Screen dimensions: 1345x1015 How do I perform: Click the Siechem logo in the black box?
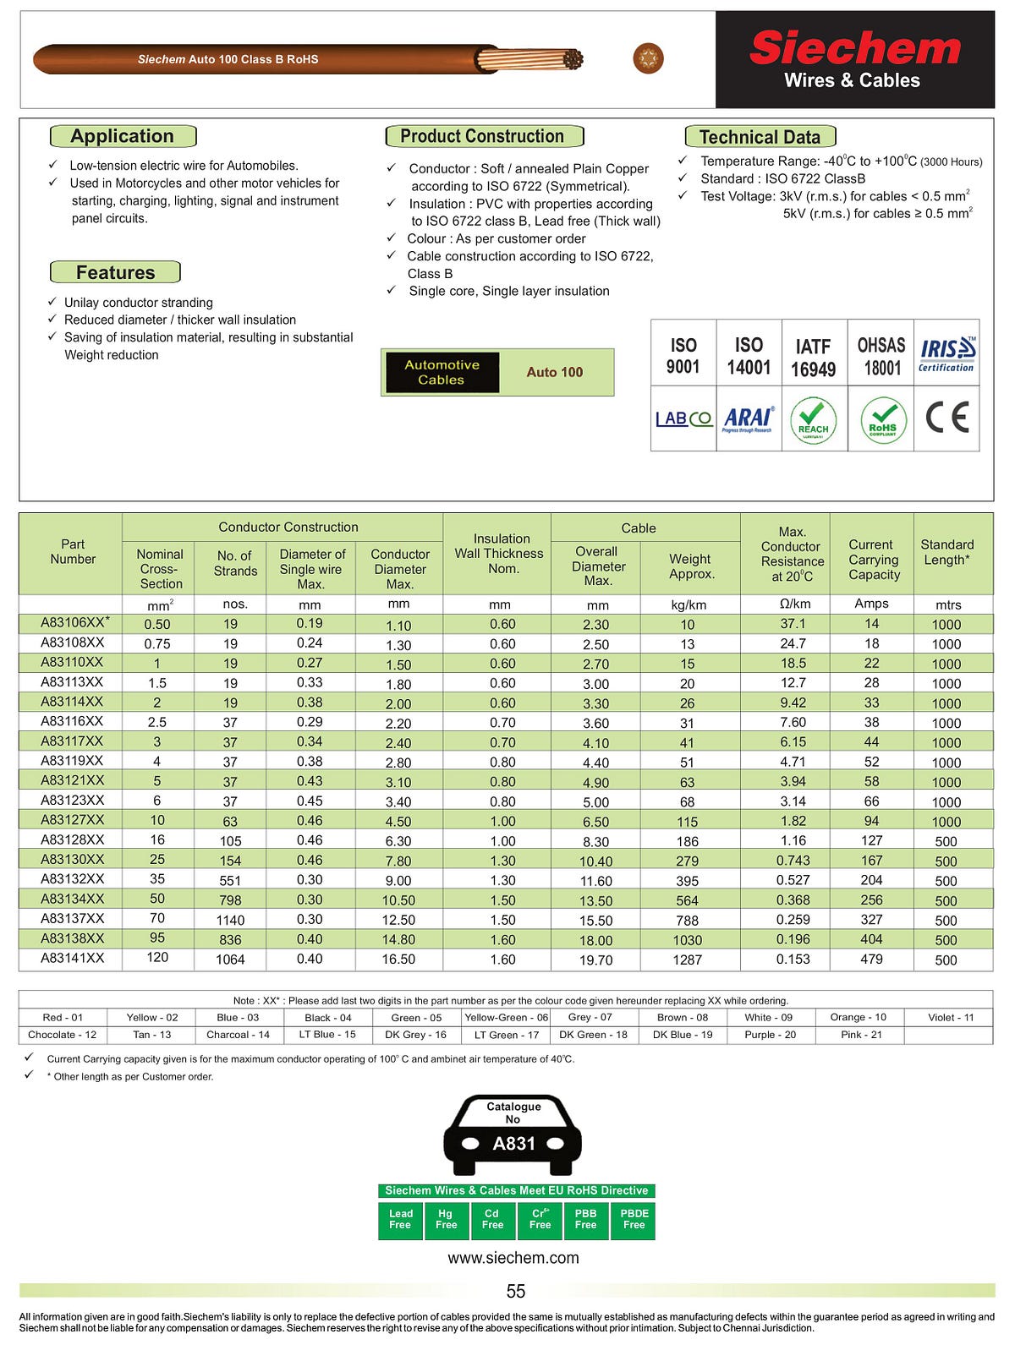(x=854, y=49)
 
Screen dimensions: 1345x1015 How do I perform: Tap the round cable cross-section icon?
(x=648, y=58)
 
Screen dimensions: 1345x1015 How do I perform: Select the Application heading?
(x=123, y=136)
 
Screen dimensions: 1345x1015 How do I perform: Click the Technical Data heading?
(x=760, y=137)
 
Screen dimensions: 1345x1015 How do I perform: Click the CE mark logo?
(x=946, y=418)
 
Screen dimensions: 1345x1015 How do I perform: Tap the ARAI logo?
(x=748, y=418)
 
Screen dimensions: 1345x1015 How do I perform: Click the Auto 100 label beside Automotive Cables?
(x=555, y=372)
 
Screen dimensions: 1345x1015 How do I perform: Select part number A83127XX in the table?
(x=73, y=820)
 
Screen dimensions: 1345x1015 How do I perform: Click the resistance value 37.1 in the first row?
(x=793, y=624)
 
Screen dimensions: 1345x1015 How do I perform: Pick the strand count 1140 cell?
(x=230, y=920)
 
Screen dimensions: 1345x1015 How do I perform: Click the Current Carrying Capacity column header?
(x=873, y=560)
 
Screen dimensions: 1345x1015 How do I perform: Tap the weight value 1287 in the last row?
(x=687, y=960)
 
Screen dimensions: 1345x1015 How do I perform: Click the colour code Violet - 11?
(x=951, y=1017)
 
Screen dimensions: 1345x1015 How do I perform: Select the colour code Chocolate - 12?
(x=63, y=1035)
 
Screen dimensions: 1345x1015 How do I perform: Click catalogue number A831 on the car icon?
(x=514, y=1144)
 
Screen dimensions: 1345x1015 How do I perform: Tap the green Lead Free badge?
(x=400, y=1220)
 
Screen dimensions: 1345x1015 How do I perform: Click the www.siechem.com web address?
(x=513, y=1258)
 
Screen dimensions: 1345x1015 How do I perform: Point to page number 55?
(x=515, y=1292)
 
